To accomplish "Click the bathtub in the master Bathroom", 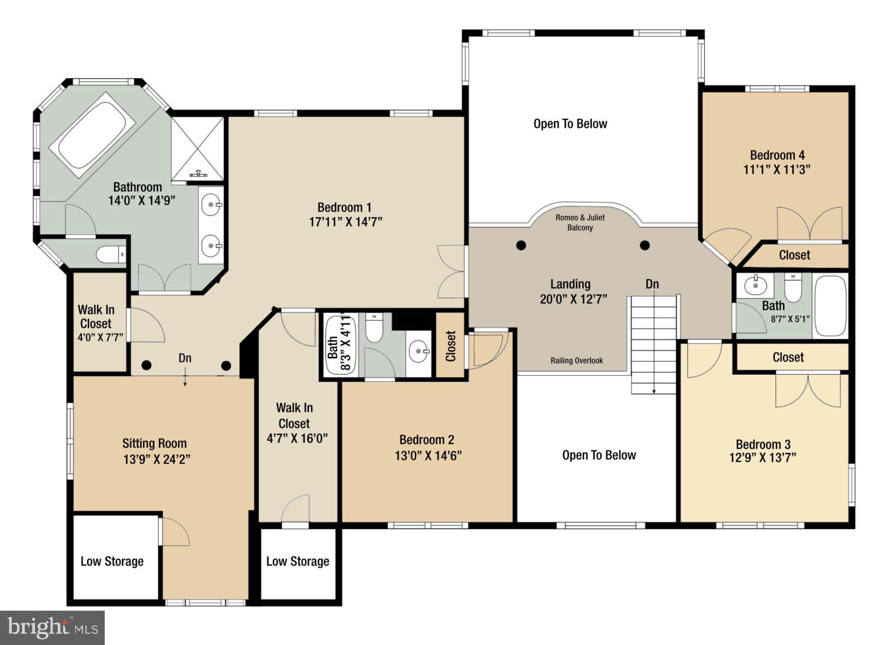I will point(92,135).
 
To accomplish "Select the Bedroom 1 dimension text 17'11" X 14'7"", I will point(345,222).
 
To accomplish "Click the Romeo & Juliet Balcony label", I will point(580,223).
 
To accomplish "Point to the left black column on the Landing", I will point(521,246).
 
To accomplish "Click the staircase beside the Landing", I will point(654,344).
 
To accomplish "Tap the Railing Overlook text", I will point(577,361).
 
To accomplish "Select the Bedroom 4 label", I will point(777,155).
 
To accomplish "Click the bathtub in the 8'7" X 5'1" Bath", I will point(830,306).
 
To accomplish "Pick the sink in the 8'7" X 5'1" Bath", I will point(755,285).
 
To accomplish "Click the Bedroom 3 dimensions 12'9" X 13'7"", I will point(762,457).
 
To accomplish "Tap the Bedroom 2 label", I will point(427,440).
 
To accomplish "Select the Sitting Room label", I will point(154,443).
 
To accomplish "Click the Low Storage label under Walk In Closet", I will point(298,561).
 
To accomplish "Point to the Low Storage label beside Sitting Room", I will point(112,561).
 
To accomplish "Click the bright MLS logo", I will point(53,628).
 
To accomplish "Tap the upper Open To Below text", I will point(570,124).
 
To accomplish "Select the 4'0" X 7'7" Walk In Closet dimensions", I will point(100,337).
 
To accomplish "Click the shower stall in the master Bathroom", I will point(197,149).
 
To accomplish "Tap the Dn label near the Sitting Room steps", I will point(185,358).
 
